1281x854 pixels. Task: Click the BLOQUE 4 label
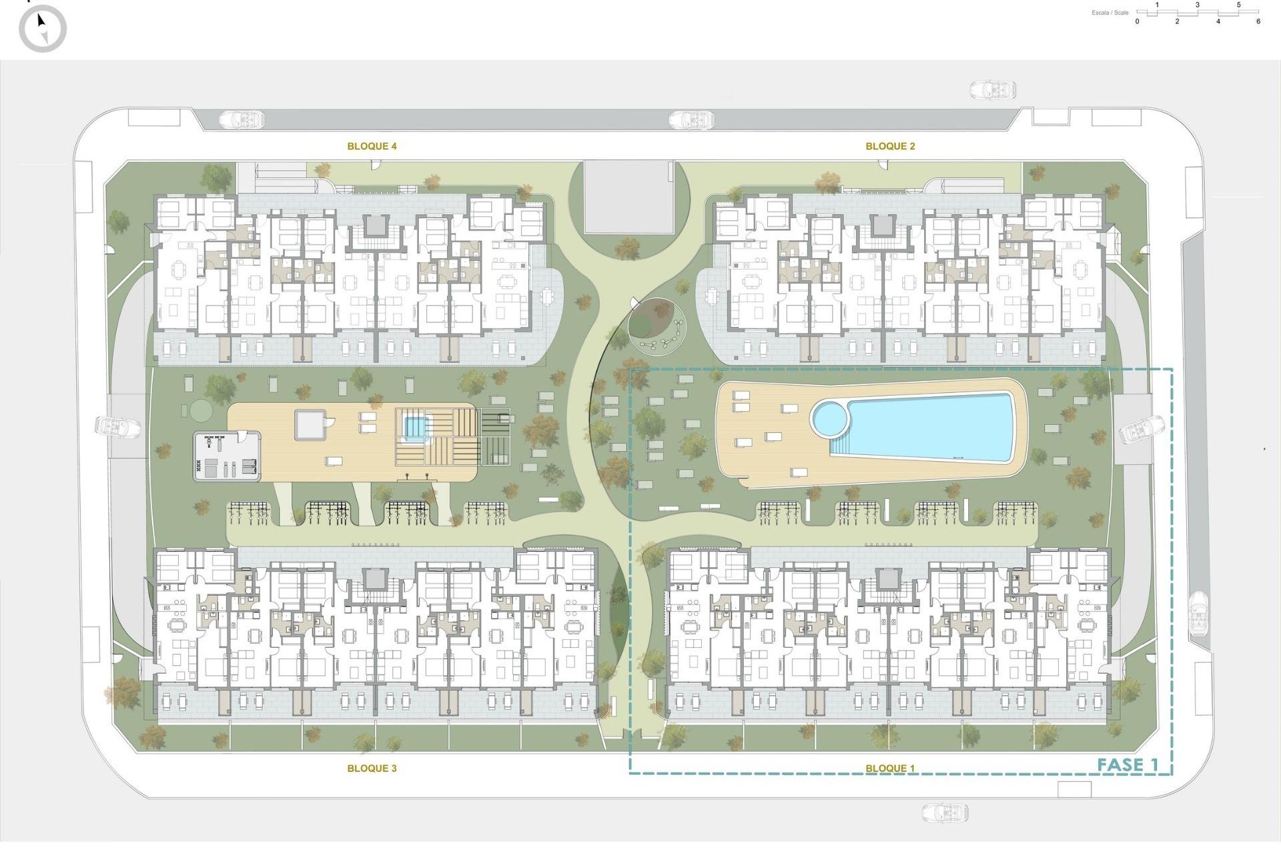click(x=372, y=146)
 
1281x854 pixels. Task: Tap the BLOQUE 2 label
click(x=890, y=146)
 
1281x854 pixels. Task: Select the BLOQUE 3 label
click(x=372, y=768)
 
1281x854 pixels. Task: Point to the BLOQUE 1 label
click(x=890, y=768)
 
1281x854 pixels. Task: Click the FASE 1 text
click(x=1128, y=765)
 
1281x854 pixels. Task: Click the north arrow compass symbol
click(x=43, y=28)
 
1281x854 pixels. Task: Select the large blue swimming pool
click(x=934, y=427)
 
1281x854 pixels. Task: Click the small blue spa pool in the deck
click(x=414, y=427)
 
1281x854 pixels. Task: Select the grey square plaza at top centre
click(x=628, y=196)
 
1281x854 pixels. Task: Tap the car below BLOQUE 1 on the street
click(x=945, y=813)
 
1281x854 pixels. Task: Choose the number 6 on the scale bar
click(x=1258, y=21)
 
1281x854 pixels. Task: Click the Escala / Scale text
click(x=1110, y=13)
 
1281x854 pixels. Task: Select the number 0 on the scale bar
click(x=1138, y=21)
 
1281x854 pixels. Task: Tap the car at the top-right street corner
click(x=993, y=89)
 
